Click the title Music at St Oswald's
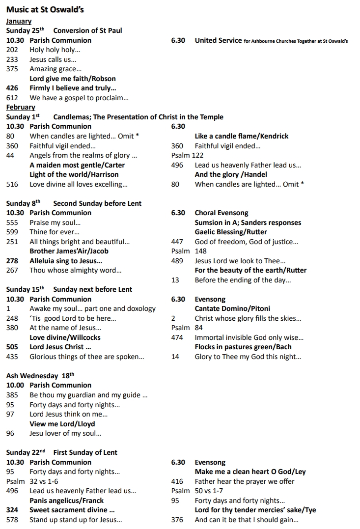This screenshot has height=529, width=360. (45, 9)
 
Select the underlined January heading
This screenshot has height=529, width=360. (19, 21)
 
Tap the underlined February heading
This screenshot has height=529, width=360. (21, 107)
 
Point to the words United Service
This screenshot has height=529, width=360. (218, 40)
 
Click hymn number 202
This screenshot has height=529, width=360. (12, 50)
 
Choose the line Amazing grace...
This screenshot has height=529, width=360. (55, 69)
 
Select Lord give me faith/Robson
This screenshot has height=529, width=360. (73, 79)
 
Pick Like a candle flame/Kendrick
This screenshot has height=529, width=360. (242, 136)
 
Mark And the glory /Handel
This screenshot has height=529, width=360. (231, 174)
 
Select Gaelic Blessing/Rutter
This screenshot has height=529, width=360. (231, 232)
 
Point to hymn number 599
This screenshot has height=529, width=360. (12, 232)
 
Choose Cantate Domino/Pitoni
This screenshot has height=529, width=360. (232, 308)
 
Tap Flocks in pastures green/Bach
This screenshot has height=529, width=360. (243, 347)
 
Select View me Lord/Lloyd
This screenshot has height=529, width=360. (62, 424)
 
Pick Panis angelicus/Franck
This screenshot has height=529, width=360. (67, 501)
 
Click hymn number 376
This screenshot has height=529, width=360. (177, 520)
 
